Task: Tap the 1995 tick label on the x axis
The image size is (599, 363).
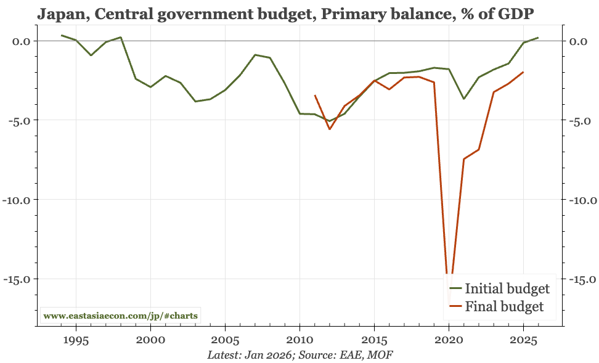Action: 76,340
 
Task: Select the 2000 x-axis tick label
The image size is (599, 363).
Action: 150,340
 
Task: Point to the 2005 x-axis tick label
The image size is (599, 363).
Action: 225,340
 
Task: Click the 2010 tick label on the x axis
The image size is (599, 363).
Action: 299,340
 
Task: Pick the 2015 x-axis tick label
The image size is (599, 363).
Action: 374,340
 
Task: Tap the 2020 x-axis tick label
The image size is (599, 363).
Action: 449,340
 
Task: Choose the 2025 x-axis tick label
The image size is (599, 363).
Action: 523,340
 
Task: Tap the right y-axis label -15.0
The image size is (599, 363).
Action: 581,279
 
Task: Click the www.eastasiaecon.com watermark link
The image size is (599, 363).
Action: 121,316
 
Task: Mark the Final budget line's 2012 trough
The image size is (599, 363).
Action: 330,129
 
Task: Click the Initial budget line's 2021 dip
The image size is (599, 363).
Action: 463,99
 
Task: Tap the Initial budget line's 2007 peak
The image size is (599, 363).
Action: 255,55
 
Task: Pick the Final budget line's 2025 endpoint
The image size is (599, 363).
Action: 523,72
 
